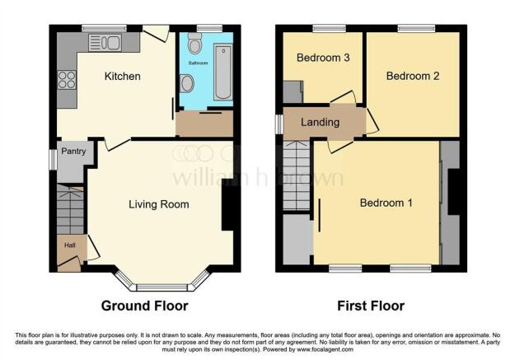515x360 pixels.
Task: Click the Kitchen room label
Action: (123, 77)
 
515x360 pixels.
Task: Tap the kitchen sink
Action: (105, 43)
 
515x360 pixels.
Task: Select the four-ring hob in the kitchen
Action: (67, 80)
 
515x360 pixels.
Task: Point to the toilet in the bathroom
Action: (194, 44)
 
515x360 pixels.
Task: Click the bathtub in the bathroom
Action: (223, 72)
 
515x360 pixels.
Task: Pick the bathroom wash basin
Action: (186, 83)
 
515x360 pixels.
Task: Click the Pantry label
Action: (73, 152)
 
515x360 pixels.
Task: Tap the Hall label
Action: (70, 245)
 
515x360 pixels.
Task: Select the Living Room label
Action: (159, 204)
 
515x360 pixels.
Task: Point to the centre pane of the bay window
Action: (162, 288)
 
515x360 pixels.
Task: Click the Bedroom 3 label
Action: (323, 58)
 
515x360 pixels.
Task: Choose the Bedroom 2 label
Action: (413, 77)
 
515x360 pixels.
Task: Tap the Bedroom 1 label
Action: (386, 203)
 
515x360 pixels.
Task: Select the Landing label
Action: (321, 122)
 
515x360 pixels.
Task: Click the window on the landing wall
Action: (279, 124)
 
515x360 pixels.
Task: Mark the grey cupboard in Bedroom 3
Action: (293, 92)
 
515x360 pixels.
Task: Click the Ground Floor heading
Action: (145, 306)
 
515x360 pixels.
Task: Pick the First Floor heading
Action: (371, 306)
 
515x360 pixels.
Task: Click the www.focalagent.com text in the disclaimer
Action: (325, 349)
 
